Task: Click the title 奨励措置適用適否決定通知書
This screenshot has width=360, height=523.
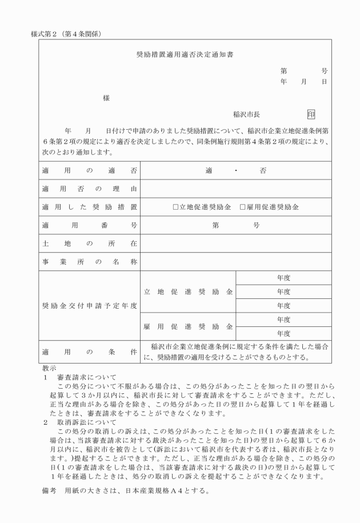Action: click(184, 56)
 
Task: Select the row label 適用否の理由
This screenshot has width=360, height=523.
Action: click(89, 189)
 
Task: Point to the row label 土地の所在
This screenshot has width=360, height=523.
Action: click(89, 244)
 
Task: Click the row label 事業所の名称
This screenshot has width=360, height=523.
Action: click(89, 262)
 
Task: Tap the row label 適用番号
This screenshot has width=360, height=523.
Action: click(89, 226)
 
